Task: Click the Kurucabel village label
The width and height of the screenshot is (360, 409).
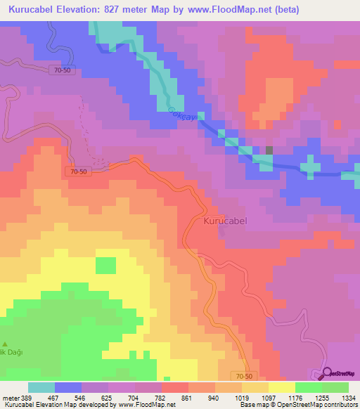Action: pyautogui.click(x=226, y=221)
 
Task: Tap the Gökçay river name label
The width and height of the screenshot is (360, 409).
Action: pyautogui.click(x=182, y=114)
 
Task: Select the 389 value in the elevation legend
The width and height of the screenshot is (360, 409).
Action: pyautogui.click(x=28, y=398)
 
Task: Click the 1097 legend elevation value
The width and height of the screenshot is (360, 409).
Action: pyautogui.click(x=269, y=398)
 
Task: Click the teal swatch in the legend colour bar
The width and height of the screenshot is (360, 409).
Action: pyautogui.click(x=41, y=387)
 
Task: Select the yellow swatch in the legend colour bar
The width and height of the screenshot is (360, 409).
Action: pyautogui.click(x=282, y=387)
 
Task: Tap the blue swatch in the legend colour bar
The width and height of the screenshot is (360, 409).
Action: pyautogui.click(x=68, y=387)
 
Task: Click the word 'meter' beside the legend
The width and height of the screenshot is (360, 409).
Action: pyautogui.click(x=10, y=398)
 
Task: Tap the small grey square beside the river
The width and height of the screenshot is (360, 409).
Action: pyautogui.click(x=269, y=150)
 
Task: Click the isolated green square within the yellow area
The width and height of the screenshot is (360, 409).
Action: pyautogui.click(x=105, y=266)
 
